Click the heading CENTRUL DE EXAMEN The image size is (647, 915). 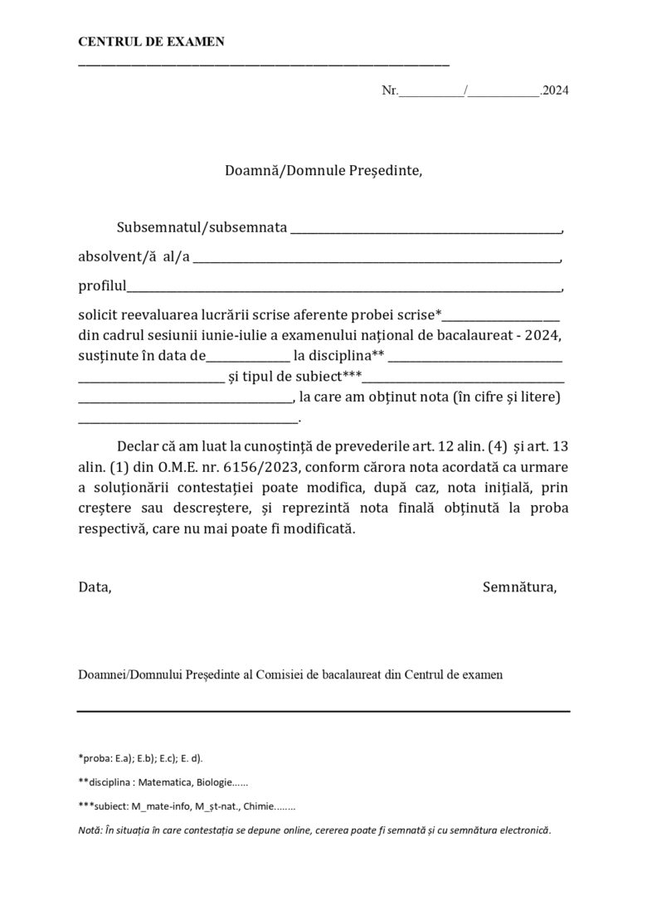point(151,42)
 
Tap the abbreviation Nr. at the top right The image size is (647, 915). point(390,90)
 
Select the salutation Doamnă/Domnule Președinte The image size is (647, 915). point(323,171)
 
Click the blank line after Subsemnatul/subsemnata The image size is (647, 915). point(426,229)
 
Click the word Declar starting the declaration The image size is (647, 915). point(138,445)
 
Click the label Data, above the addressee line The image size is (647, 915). point(95,587)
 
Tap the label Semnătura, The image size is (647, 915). point(519,587)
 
